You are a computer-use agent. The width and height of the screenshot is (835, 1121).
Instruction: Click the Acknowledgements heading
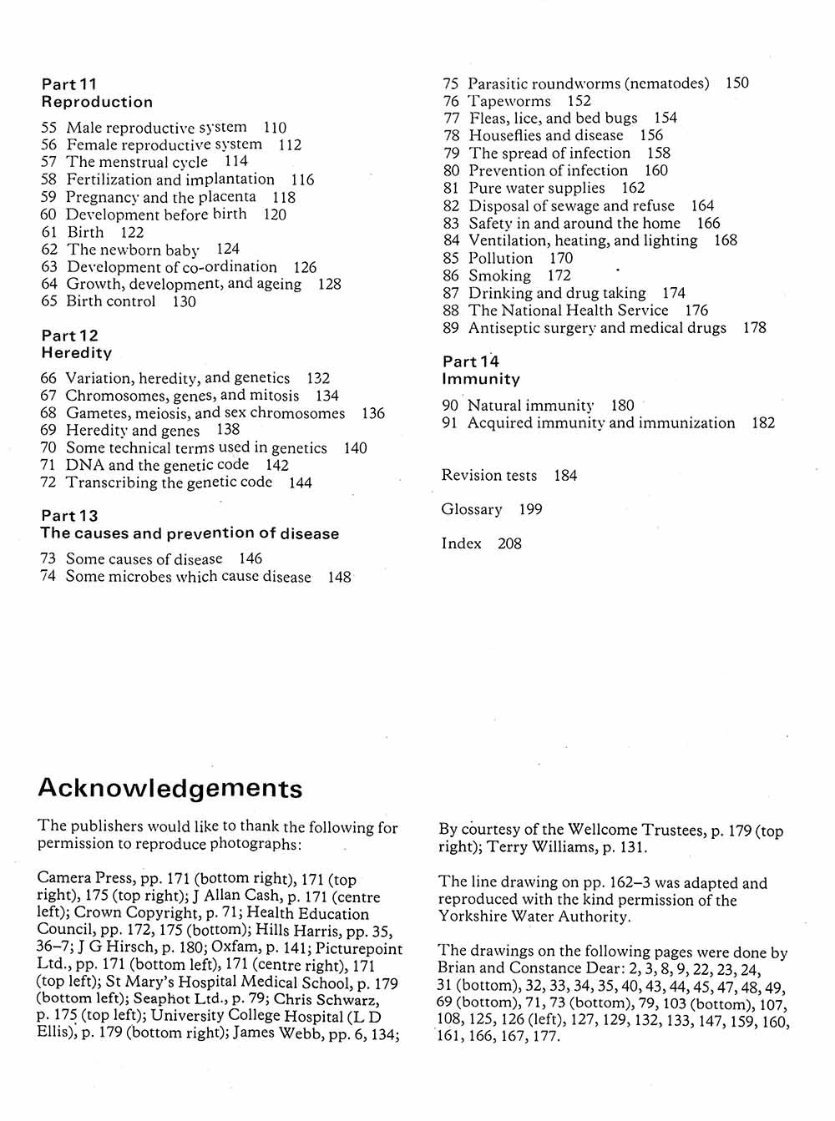click(x=170, y=789)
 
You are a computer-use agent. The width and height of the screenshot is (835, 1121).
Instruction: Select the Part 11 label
click(x=69, y=84)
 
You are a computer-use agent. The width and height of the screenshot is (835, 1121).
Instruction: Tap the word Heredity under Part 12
click(x=76, y=353)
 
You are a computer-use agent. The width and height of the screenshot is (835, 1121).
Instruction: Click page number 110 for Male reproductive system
click(x=275, y=128)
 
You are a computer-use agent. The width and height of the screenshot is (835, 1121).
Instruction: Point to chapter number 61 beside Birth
click(x=48, y=232)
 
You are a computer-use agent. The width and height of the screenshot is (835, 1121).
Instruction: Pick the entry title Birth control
click(x=111, y=301)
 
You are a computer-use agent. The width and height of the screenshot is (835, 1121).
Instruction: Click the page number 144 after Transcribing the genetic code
click(x=301, y=482)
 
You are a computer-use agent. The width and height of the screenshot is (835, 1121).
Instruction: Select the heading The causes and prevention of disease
click(x=190, y=533)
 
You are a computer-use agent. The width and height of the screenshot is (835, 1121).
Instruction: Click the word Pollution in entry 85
click(x=500, y=258)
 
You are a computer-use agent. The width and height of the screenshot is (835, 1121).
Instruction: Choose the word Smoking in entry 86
click(x=499, y=275)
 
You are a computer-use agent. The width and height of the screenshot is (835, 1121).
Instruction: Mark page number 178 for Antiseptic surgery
click(x=754, y=327)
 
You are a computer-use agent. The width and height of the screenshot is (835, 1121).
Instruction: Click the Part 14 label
click(x=470, y=361)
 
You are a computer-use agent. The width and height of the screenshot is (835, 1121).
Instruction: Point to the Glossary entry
click(x=472, y=509)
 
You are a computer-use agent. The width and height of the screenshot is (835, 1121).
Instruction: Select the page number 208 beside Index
click(x=509, y=543)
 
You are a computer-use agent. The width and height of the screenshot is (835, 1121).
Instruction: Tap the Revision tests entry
click(x=489, y=475)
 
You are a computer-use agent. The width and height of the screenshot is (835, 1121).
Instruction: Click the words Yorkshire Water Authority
click(x=534, y=916)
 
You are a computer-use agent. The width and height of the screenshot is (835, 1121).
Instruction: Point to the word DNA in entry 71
click(x=84, y=465)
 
